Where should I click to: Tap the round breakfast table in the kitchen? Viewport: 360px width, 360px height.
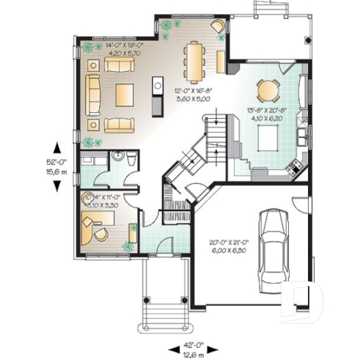(267, 91)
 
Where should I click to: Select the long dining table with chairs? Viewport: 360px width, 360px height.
(194, 61)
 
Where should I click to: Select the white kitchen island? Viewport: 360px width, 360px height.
(268, 136)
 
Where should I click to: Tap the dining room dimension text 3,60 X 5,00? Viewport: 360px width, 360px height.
(191, 97)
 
